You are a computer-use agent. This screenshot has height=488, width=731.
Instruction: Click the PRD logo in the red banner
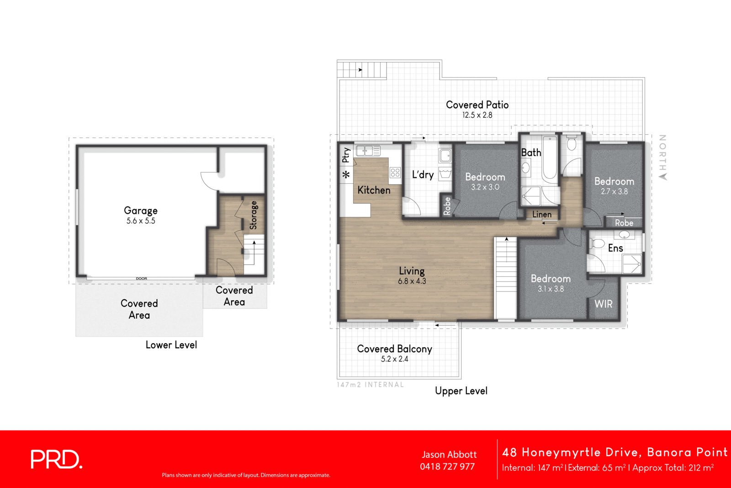pyautogui.click(x=56, y=459)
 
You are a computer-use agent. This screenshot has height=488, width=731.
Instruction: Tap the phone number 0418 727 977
pyautogui.click(x=447, y=467)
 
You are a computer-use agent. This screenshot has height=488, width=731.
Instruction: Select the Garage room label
pyautogui.click(x=141, y=211)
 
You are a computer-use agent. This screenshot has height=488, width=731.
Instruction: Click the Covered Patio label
pyautogui.click(x=477, y=105)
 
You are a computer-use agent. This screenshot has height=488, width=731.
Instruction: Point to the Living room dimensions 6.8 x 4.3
pyautogui.click(x=412, y=281)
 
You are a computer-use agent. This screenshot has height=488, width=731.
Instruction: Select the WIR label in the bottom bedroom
pyautogui.click(x=603, y=304)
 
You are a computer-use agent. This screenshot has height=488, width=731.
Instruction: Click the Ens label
pyautogui.click(x=615, y=248)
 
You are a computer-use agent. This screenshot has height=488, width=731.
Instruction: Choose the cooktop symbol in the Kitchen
pyautogui.click(x=395, y=172)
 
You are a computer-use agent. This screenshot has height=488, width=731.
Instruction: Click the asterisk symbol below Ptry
pyautogui.click(x=346, y=175)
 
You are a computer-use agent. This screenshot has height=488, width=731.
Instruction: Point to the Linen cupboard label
pyautogui.click(x=542, y=214)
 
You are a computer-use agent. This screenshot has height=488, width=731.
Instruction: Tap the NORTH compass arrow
pyautogui.click(x=663, y=176)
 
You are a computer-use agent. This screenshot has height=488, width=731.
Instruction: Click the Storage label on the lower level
pyautogui.click(x=253, y=215)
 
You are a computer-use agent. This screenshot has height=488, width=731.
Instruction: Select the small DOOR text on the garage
pyautogui.click(x=141, y=278)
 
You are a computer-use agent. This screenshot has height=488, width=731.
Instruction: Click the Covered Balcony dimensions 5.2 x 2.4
pyautogui.click(x=394, y=359)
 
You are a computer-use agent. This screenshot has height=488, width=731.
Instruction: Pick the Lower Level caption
pyautogui.click(x=171, y=345)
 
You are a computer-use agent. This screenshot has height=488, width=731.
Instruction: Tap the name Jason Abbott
pyautogui.click(x=449, y=455)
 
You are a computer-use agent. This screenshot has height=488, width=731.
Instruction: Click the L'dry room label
pyautogui.click(x=423, y=175)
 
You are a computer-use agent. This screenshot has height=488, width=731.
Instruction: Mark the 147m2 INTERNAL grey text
pyautogui.click(x=370, y=385)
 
